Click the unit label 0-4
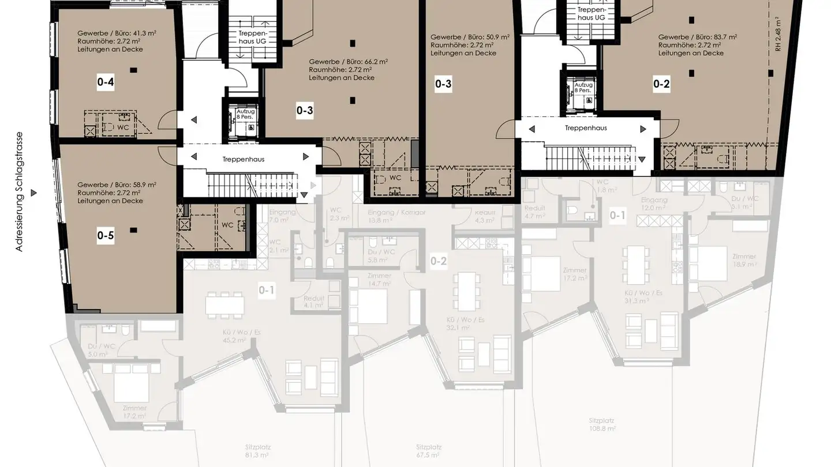pyautogui.click(x=106, y=82)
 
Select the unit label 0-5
pyautogui.click(x=106, y=235)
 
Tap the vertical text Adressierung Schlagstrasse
pyautogui.click(x=20, y=191)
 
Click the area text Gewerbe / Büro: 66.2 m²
pyautogui.click(x=348, y=62)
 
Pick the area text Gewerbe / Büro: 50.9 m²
pyautogui.click(x=470, y=37)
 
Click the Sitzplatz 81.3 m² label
pyautogui.click(x=257, y=450)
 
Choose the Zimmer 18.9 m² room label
pyautogui.click(x=744, y=260)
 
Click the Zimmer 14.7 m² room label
pyautogui.click(x=379, y=280)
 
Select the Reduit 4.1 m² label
pyautogui.click(x=313, y=302)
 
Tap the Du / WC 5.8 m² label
pyautogui.click(x=381, y=255)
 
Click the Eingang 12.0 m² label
pyautogui.click(x=654, y=204)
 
